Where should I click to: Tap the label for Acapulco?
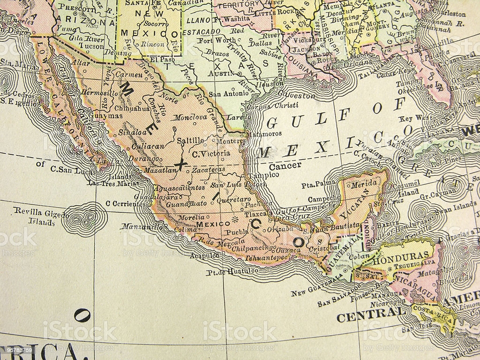coord(205,256)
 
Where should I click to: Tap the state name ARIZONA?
coord(88,22)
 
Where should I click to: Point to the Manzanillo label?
coord(141,226)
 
